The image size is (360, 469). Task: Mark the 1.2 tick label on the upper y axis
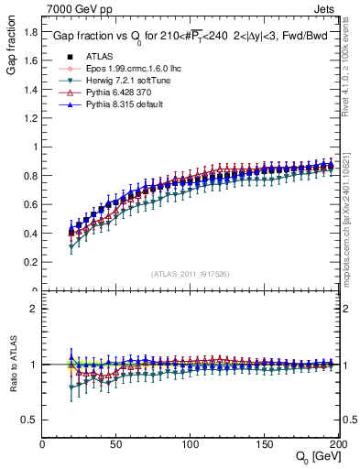click(x=30, y=118)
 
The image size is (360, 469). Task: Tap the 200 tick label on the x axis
click(x=337, y=444)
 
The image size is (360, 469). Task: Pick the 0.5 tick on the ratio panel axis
click(x=30, y=420)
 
